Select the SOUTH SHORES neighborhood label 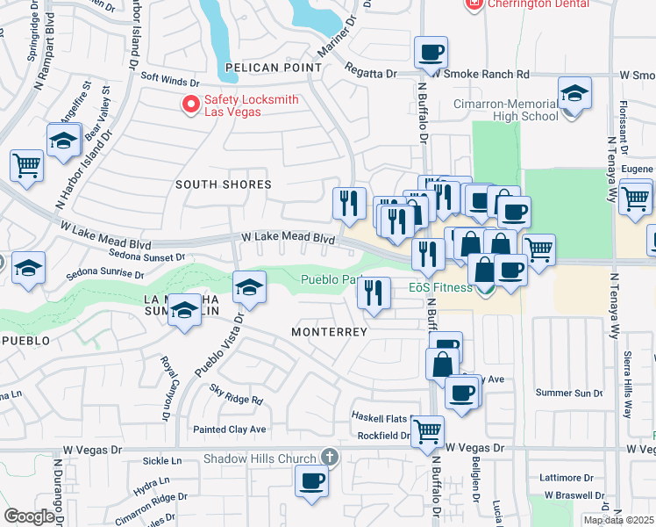click(223, 184)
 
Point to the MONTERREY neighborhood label click(329, 332)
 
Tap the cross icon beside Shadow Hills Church click(329, 458)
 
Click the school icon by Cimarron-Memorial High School click(574, 92)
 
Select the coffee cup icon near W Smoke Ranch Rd click(431, 53)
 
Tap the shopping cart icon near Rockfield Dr click(427, 430)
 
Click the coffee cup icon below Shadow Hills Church click(311, 480)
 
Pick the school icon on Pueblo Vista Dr click(249, 287)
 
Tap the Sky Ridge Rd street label click(236, 399)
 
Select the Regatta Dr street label click(371, 69)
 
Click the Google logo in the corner click(29, 516)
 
